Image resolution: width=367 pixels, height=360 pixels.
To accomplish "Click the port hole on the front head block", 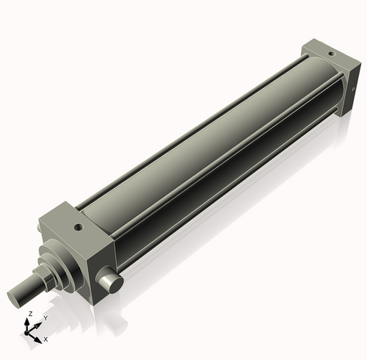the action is pyautogui.click(x=79, y=228).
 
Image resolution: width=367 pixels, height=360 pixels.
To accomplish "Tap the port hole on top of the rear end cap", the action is pyautogui.click(x=330, y=54).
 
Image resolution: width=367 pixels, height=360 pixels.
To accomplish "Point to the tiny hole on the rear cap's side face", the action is pyautogui.click(x=353, y=90).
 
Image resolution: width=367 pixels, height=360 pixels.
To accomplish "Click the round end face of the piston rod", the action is pyautogui.click(x=13, y=299).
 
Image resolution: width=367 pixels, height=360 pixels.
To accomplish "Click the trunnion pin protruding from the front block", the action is pyautogui.click(x=109, y=280).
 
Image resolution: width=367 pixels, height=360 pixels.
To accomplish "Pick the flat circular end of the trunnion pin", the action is pyautogui.click(x=115, y=285).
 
